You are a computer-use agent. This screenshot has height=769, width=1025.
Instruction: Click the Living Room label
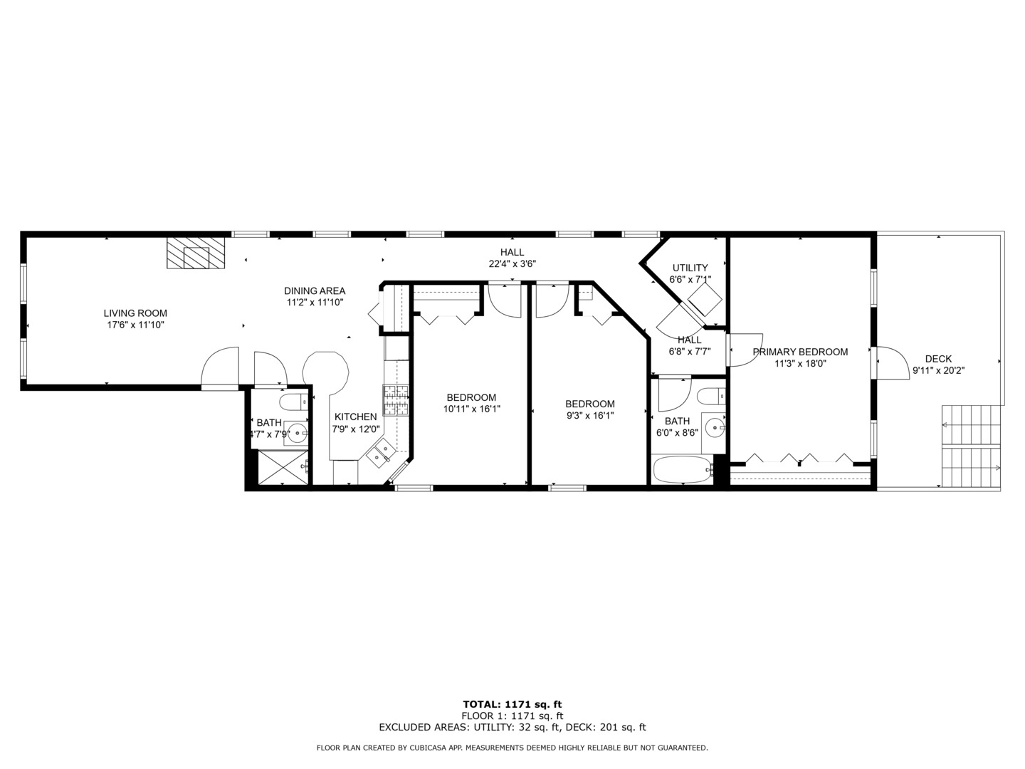tap(135, 313)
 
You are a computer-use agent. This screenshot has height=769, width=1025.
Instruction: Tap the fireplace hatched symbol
tap(196, 253)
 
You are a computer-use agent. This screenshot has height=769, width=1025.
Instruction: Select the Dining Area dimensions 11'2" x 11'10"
tap(315, 303)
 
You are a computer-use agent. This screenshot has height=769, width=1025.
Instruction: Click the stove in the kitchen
tap(396, 400)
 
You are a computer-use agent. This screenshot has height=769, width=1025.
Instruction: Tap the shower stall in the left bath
tap(283, 467)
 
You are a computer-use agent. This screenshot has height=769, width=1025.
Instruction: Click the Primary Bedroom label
tap(800, 352)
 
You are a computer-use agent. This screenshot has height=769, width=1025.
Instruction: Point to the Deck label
tap(938, 359)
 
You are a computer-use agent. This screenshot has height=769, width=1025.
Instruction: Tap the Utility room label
tap(690, 268)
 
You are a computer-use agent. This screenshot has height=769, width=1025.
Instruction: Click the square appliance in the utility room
tap(705, 299)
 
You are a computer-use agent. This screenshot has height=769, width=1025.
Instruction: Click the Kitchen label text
tap(355, 417)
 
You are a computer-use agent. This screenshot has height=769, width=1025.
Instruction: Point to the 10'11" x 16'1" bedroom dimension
tap(472, 409)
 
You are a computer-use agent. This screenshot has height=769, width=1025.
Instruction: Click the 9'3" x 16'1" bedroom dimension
tap(590, 416)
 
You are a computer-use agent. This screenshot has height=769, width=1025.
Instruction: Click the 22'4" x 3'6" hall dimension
tap(512, 263)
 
